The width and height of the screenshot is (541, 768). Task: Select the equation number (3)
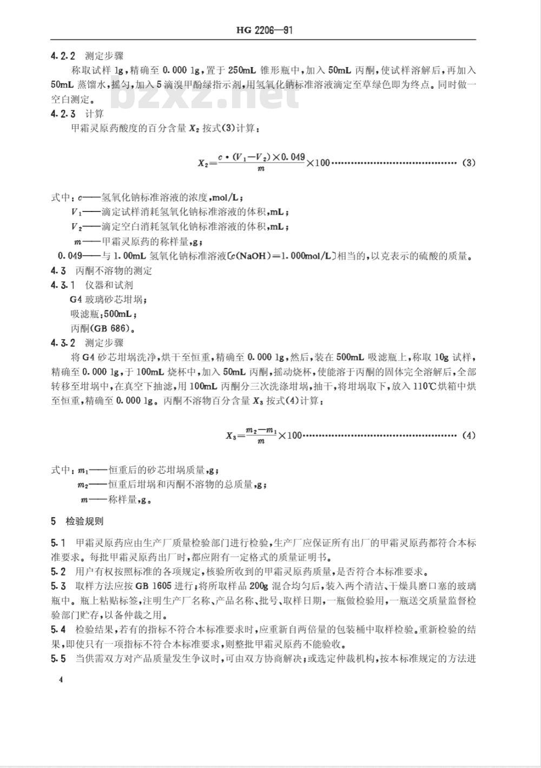point(469,163)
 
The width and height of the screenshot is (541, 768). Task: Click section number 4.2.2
point(63,56)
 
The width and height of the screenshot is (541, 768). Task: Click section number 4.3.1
point(63,285)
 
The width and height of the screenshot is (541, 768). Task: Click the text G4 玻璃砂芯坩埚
point(108,299)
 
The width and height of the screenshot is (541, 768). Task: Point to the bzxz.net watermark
point(206,95)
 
